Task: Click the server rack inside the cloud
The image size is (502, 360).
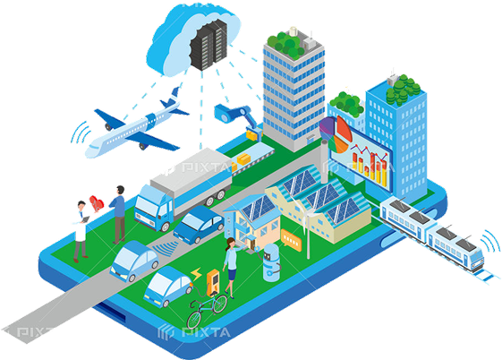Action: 208,44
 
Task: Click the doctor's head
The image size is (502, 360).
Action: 81,205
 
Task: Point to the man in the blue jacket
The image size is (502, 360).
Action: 118,215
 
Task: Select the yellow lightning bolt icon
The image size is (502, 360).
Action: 196,274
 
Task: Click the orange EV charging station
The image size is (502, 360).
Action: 213,282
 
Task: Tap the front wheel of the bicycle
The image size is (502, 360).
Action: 194,319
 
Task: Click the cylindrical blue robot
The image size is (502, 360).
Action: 271,262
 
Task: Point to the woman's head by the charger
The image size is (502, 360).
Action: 231,243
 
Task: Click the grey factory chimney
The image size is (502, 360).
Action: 324,161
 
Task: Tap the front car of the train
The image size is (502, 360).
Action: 455,247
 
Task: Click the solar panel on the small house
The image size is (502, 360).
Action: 257,208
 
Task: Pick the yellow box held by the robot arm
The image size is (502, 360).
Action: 252,133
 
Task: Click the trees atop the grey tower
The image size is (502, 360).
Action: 285,44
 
